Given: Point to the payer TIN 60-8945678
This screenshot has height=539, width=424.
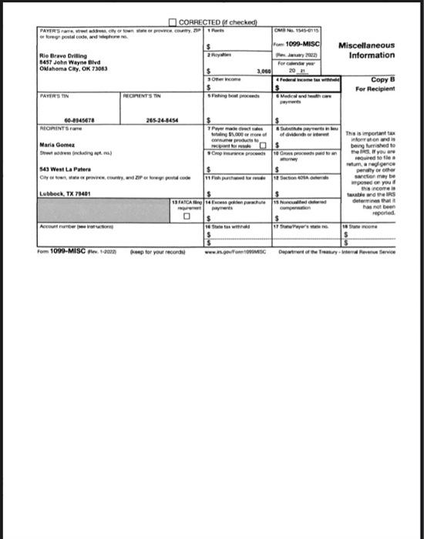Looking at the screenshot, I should (x=80, y=120).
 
